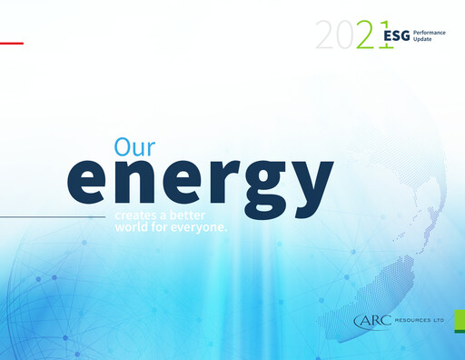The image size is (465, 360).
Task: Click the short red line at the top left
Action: point(11,43)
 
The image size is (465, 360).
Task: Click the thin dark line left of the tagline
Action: point(54,218)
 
